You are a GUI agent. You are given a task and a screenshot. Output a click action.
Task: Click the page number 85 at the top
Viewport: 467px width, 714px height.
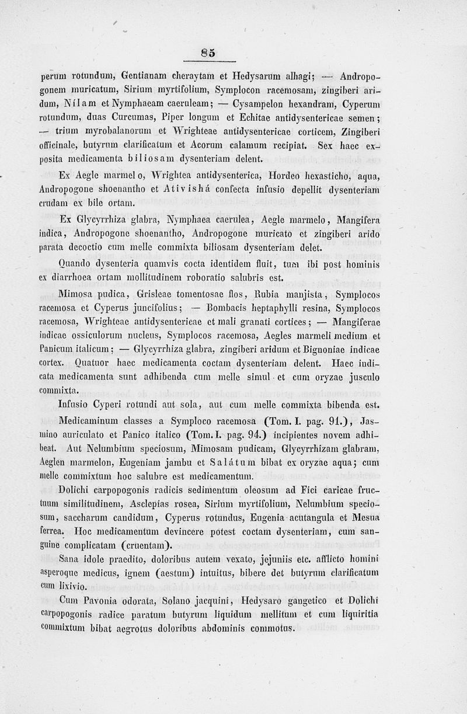pyautogui.click(x=208, y=53)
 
